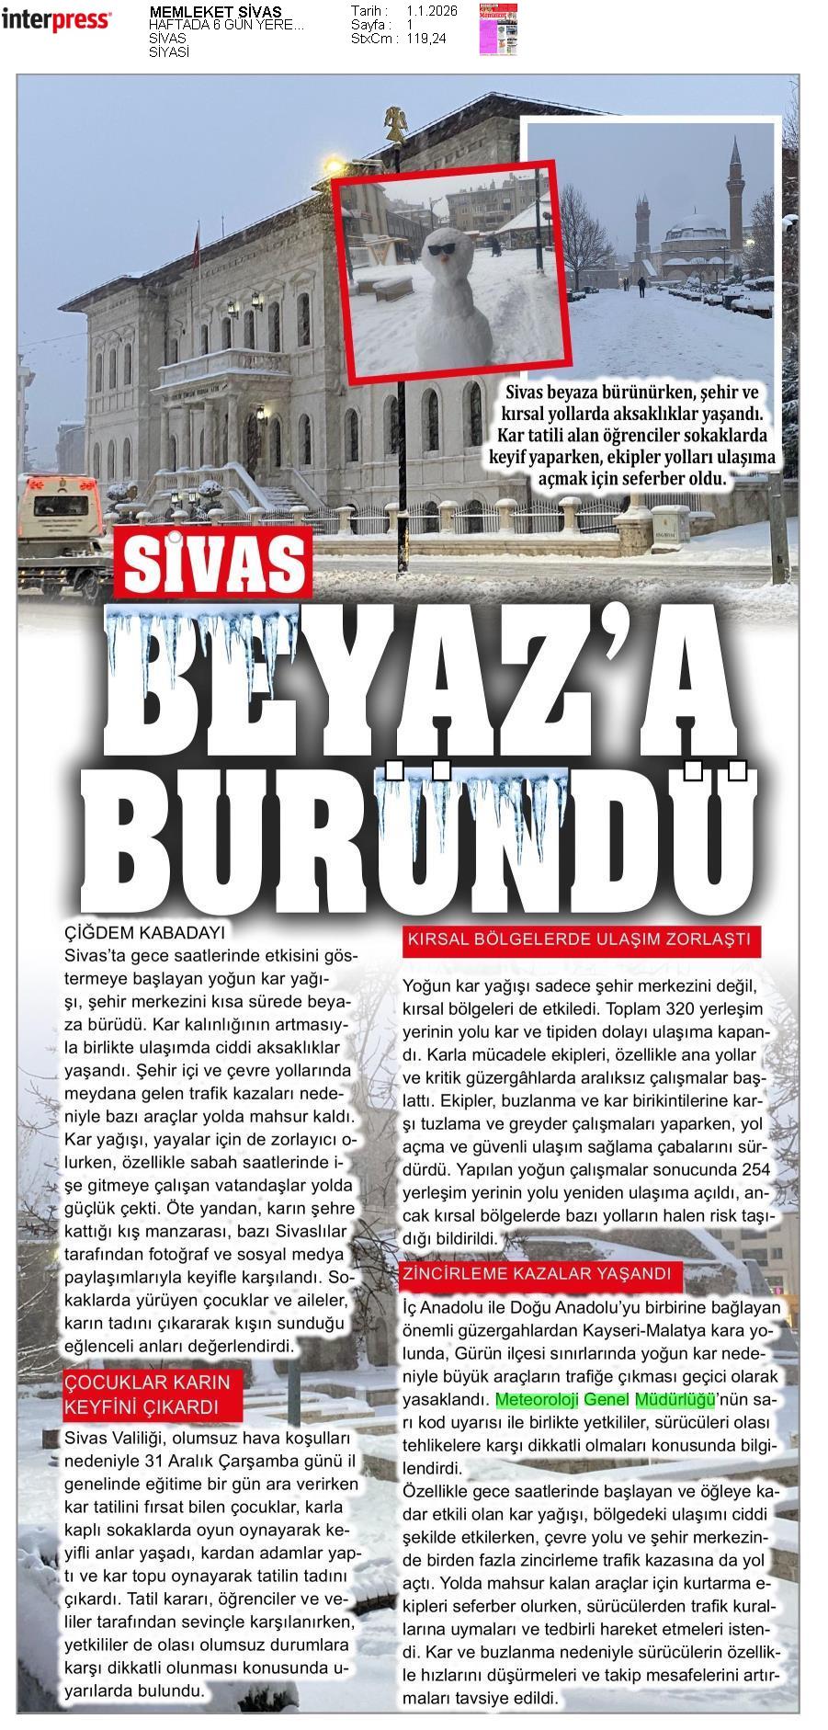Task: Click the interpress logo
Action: pos(57,19)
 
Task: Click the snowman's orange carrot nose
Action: pos(445,259)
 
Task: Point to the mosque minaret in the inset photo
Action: pos(734,184)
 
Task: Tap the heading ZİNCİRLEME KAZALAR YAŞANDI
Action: pos(541,1275)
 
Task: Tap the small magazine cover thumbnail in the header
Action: pos(498,30)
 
